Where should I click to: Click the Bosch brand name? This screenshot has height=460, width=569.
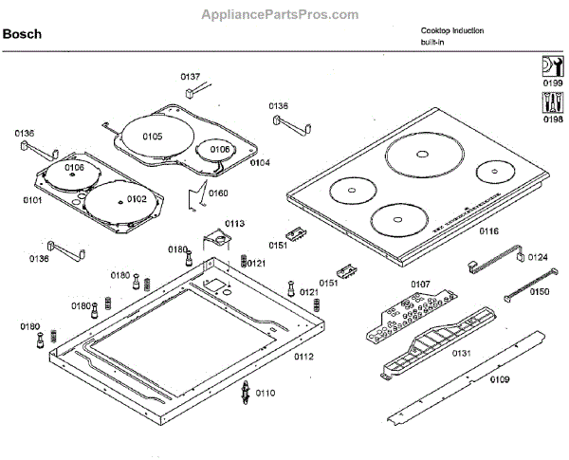[21, 35]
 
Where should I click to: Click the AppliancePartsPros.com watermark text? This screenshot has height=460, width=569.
[281, 15]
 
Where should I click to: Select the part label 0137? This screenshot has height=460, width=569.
[191, 76]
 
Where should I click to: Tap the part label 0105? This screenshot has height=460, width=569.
[152, 137]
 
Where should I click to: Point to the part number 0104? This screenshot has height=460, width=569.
[260, 162]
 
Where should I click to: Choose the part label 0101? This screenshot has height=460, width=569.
[33, 200]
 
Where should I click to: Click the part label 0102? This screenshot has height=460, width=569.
[137, 199]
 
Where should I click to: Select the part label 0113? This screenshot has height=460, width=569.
[234, 224]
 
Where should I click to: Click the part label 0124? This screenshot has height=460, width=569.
[538, 256]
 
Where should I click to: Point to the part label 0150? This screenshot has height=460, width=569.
[539, 291]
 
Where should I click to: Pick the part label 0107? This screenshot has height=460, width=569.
[420, 284]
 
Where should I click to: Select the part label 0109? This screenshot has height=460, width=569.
[500, 379]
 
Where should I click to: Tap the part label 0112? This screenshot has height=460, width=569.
[303, 357]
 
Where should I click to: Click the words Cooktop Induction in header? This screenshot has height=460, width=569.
[452, 30]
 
